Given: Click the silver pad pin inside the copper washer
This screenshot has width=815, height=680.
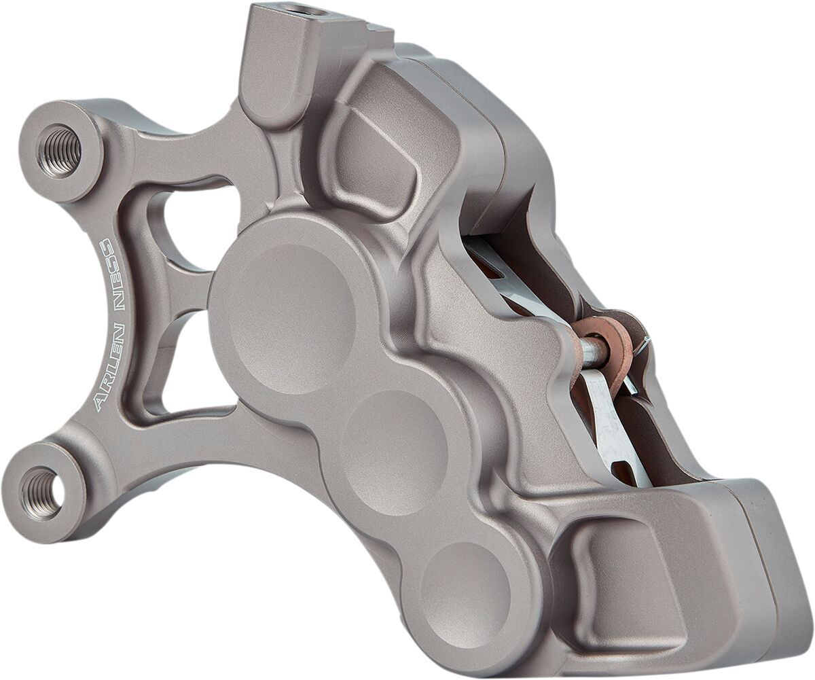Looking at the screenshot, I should pyautogui.click(x=592, y=351).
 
